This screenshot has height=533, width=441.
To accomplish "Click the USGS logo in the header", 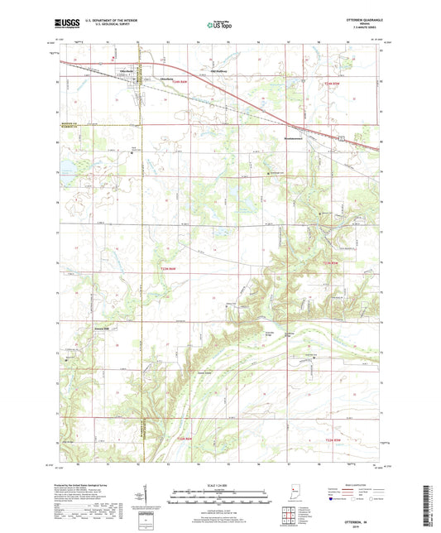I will (x=66, y=25).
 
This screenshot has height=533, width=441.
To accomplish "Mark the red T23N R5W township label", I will (x=330, y=262).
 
